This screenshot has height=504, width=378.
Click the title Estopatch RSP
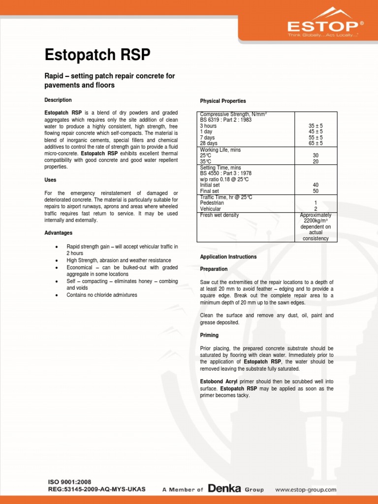point(97,54)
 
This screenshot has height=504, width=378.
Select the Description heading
point(58,100)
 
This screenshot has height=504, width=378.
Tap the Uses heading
point(51,180)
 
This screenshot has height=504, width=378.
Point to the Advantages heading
point(59,233)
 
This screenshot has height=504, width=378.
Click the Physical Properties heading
point(223,101)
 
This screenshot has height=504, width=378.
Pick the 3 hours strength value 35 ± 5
point(315,126)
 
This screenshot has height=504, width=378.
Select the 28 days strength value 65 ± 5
point(315,144)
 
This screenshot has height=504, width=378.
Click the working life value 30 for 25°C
point(315,156)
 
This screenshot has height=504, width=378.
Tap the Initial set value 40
point(315,185)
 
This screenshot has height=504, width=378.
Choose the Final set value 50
point(315,191)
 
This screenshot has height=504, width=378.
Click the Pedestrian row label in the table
point(212,203)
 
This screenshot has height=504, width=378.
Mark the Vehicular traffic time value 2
point(315,209)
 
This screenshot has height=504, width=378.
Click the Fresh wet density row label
point(220,215)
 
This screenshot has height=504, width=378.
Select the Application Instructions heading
point(228,257)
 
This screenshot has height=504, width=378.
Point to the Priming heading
point(209,335)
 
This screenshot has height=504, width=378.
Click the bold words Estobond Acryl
point(219,381)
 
